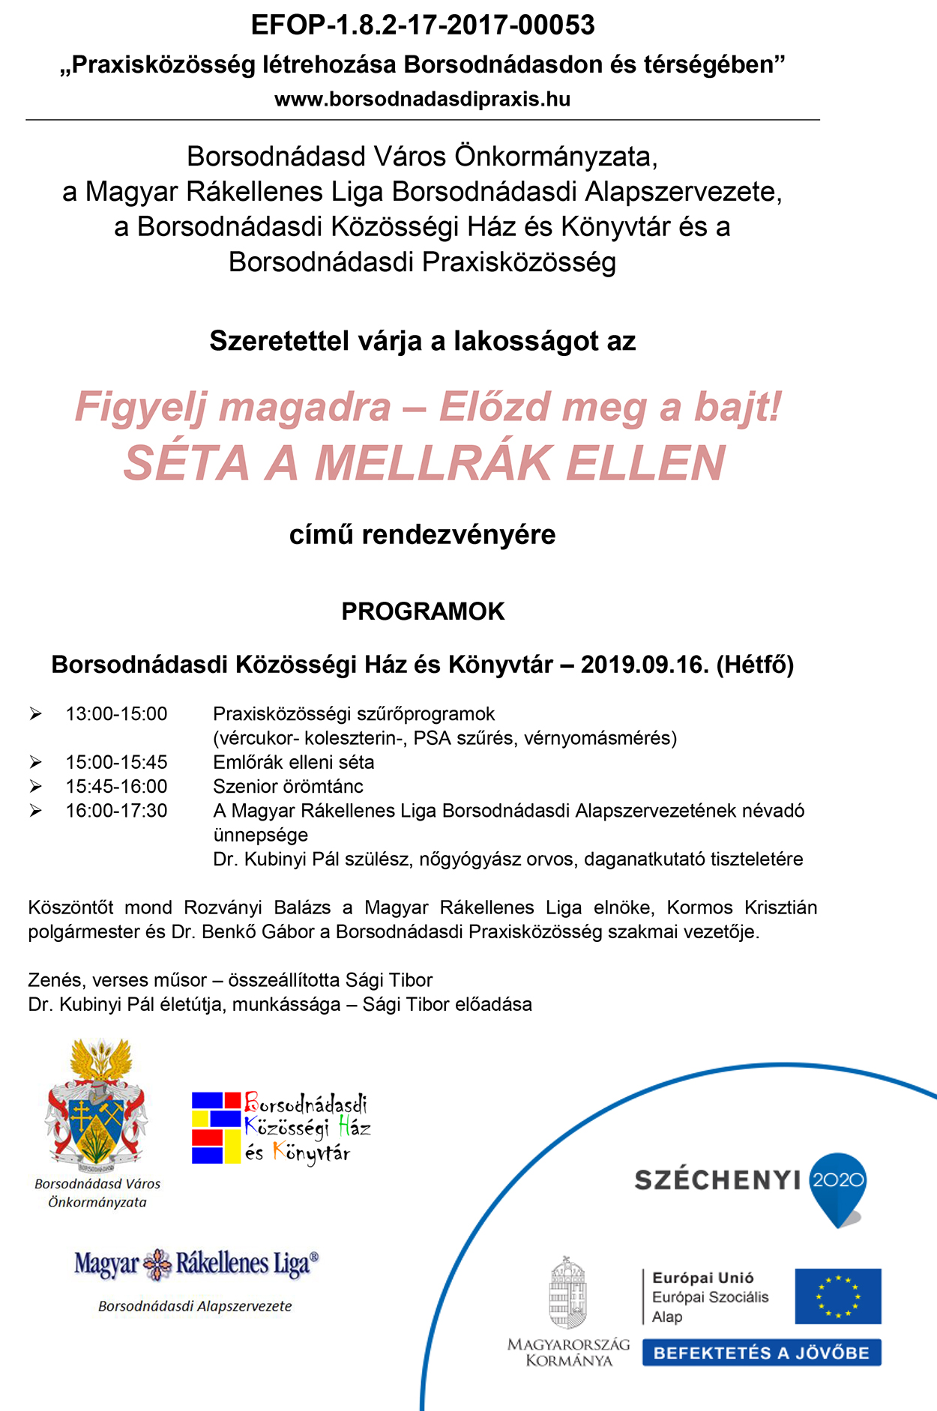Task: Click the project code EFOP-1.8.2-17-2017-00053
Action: [x=423, y=25]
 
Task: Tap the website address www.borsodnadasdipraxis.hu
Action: [x=423, y=100]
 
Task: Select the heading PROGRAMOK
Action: [x=423, y=611]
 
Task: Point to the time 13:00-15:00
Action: [x=116, y=714]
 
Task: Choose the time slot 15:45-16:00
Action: [x=116, y=786]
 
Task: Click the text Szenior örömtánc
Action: [x=288, y=786]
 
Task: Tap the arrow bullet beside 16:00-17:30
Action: [x=35, y=811]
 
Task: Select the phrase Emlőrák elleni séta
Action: [x=293, y=762]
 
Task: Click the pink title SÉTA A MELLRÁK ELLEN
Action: [x=424, y=463]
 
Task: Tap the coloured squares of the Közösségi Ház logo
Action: [x=217, y=1128]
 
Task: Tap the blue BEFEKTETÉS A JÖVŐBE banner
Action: [x=761, y=1353]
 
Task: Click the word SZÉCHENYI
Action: [x=717, y=1180]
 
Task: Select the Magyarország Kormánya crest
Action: [x=568, y=1294]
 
